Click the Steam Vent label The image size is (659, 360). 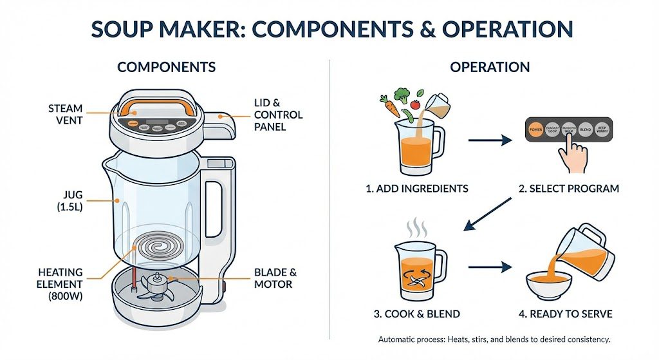pyautogui.click(x=65, y=114)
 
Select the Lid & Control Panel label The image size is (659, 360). pyautogui.click(x=278, y=115)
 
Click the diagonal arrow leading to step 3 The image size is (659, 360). pyautogui.click(x=487, y=214)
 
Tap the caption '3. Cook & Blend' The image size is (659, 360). pyautogui.click(x=417, y=314)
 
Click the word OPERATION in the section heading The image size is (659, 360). pyautogui.click(x=490, y=67)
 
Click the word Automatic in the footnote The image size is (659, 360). pyautogui.click(x=398, y=339)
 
